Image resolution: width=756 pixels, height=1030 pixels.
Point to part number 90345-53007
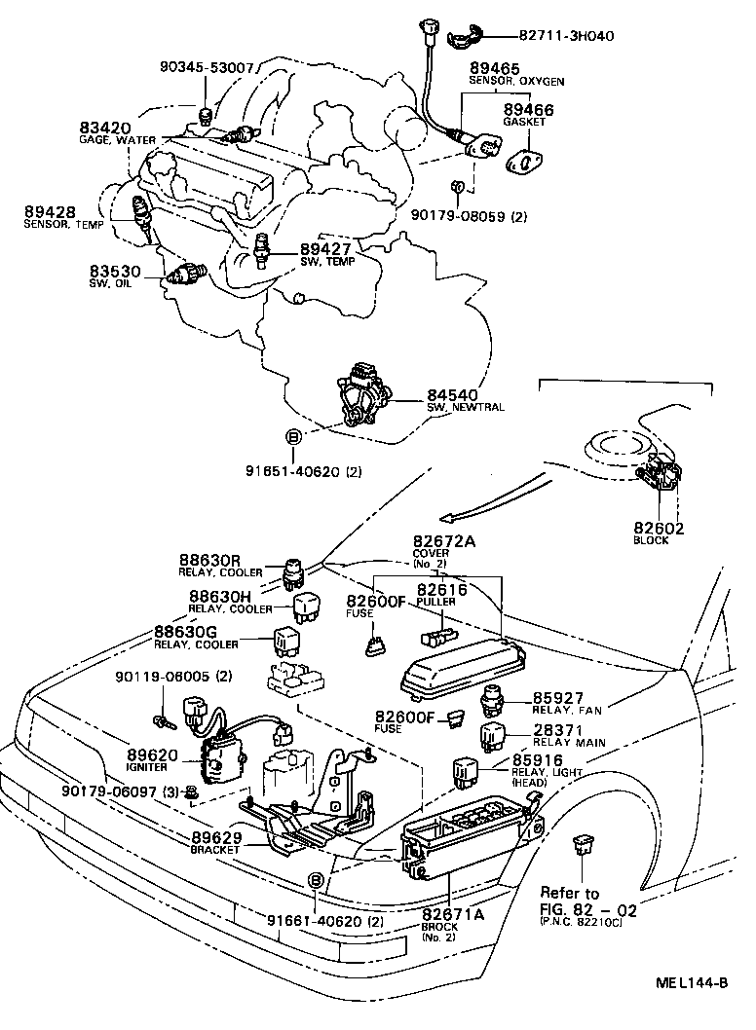tap(207, 68)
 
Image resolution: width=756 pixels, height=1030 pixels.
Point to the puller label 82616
tap(441, 590)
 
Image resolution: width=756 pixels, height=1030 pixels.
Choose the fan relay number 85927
tap(557, 698)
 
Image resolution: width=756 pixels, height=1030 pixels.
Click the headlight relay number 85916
tap(538, 760)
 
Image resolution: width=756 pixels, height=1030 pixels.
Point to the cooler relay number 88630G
tap(186, 632)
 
